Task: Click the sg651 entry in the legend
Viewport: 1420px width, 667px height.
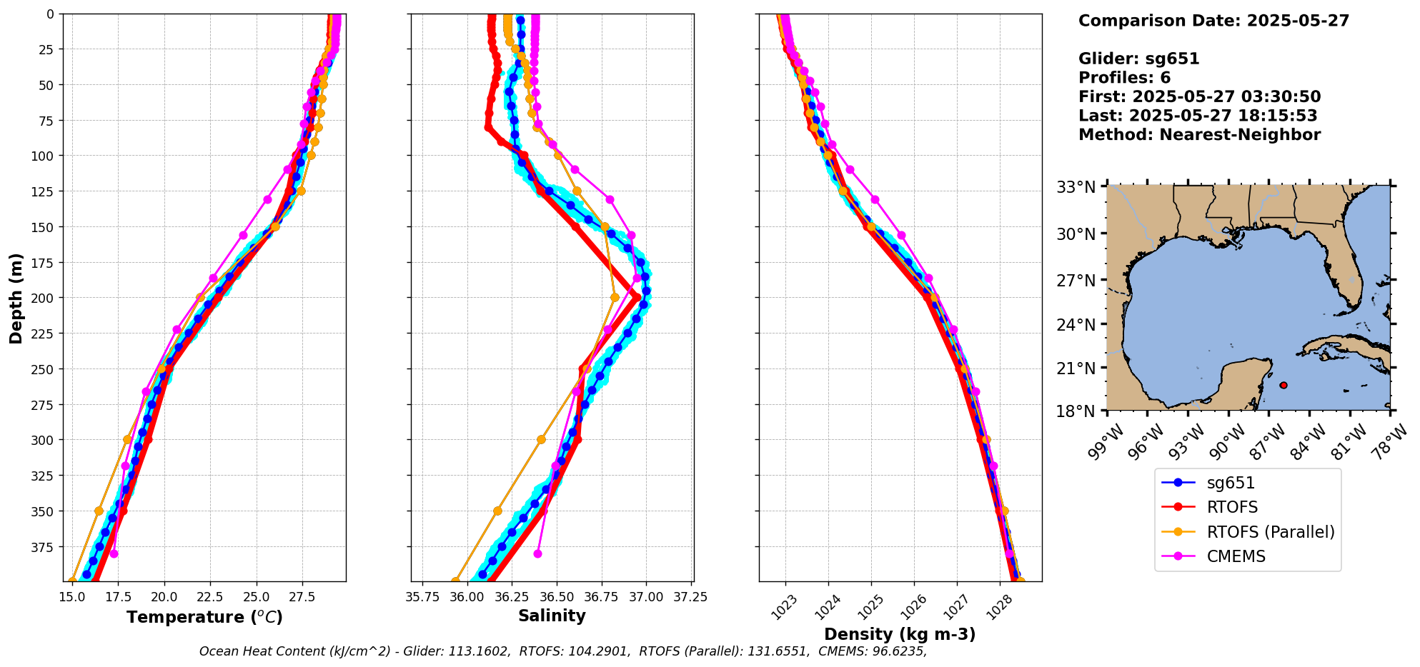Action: coord(1230,483)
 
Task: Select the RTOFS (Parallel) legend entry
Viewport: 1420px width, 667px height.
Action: coord(1270,532)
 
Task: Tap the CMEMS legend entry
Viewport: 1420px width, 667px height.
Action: coord(1236,556)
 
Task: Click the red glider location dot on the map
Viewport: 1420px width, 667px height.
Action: coord(1284,385)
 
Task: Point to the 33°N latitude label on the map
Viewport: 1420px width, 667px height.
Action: coord(1076,187)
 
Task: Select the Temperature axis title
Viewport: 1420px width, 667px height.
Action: coord(204,617)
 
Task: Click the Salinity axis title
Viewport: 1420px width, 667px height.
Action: coord(552,616)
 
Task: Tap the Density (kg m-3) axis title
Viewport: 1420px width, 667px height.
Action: coord(900,634)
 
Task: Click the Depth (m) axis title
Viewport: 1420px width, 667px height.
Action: coord(16,298)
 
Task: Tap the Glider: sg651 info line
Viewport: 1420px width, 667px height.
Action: coord(1138,59)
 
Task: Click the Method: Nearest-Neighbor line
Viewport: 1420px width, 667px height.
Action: coord(1199,134)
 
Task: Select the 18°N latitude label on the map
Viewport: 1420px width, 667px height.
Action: coord(1076,411)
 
